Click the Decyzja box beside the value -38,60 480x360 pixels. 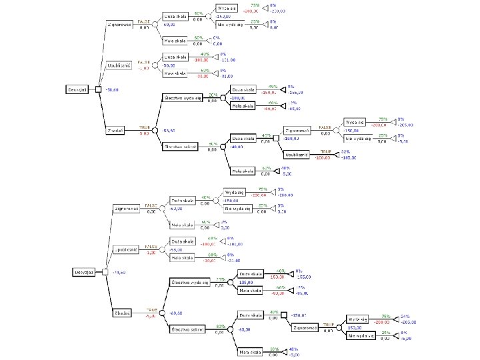click(x=78, y=89)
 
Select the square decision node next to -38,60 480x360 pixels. click(x=97, y=89)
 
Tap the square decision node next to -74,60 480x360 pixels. click(x=104, y=272)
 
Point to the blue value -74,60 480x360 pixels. click(x=119, y=273)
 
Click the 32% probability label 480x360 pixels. click(x=345, y=152)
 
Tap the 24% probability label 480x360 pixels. click(x=404, y=316)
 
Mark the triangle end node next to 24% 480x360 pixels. click(x=394, y=319)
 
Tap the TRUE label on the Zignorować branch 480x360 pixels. click(x=328, y=324)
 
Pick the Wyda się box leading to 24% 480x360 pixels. click(x=358, y=319)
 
